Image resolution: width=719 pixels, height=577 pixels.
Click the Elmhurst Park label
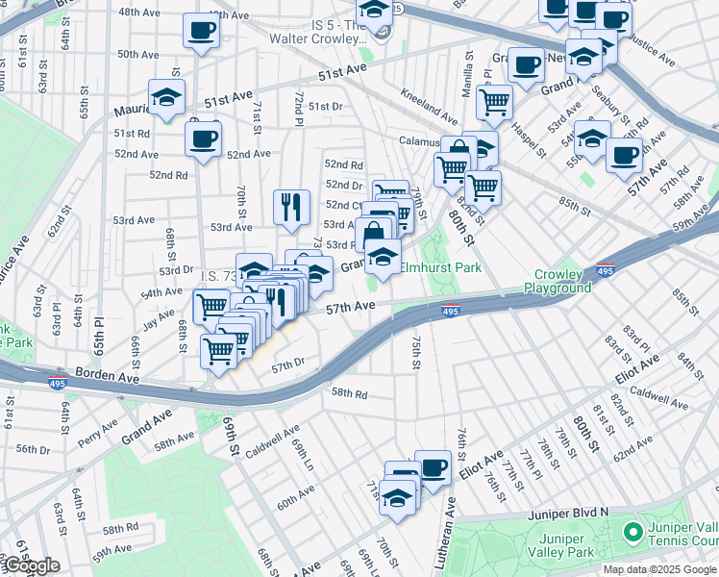click(440, 268)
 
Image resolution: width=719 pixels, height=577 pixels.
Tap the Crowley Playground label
click(563, 282)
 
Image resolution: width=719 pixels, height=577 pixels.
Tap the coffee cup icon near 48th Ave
click(201, 31)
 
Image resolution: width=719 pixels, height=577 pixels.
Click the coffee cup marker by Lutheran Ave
click(433, 467)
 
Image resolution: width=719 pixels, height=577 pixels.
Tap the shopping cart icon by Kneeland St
click(494, 100)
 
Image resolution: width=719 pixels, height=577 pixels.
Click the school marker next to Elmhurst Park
click(383, 257)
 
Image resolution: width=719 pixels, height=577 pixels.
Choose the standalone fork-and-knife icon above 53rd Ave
click(290, 205)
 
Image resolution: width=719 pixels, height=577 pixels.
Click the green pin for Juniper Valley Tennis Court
click(632, 531)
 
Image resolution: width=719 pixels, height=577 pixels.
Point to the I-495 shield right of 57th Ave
click(450, 310)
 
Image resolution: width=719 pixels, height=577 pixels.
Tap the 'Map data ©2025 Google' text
click(660, 569)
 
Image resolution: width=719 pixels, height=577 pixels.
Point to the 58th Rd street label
click(349, 393)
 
